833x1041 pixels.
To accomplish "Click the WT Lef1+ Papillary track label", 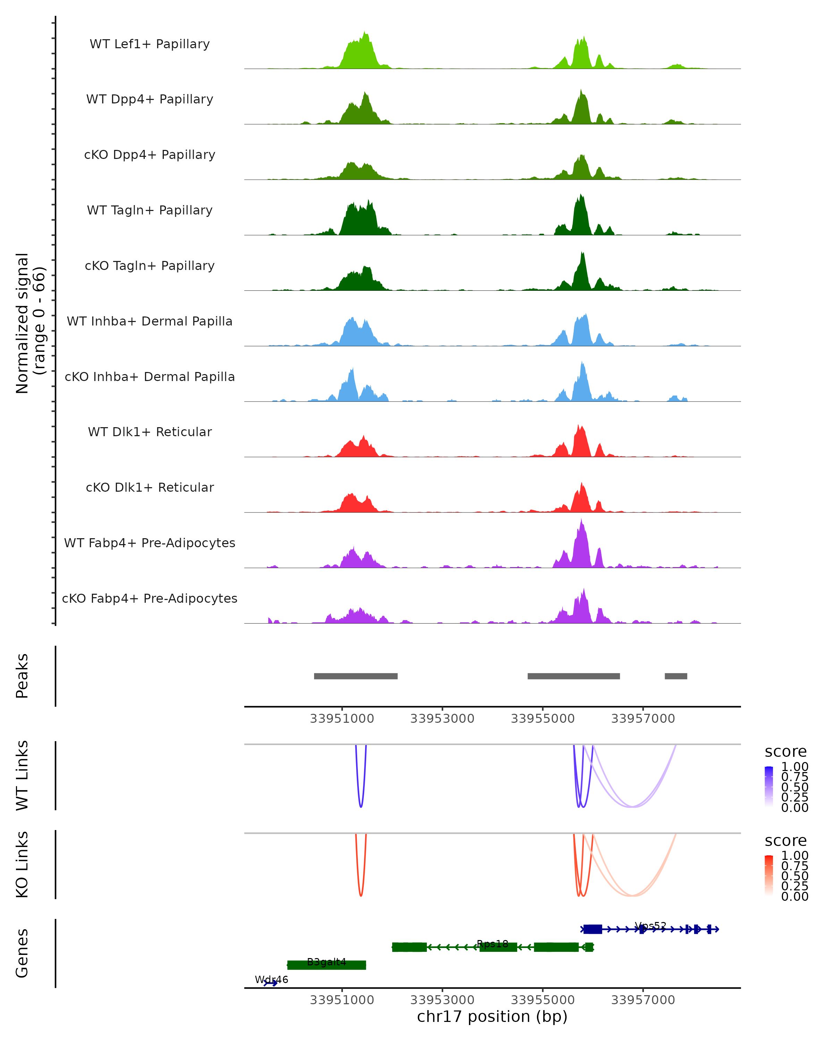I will [150, 44].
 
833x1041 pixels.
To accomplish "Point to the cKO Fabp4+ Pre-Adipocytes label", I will [150, 598].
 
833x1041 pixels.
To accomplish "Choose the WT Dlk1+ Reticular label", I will [150, 432].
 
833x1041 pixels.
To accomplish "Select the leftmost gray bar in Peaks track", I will [355, 676].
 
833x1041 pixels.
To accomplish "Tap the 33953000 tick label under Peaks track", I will [442, 719].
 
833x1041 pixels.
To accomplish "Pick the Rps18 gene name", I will [492, 944].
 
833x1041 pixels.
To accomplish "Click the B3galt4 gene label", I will [327, 962].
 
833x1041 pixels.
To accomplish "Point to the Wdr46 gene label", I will [271, 980].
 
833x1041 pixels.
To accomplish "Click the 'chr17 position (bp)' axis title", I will [492, 1016].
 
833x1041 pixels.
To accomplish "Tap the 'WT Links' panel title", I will [22, 776].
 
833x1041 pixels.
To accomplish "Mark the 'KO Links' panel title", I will [22, 864].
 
